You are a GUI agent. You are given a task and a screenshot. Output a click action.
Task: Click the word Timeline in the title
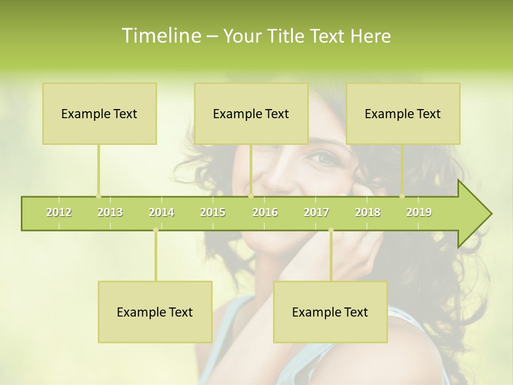[160, 36]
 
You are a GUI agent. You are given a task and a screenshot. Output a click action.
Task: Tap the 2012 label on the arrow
[59, 212]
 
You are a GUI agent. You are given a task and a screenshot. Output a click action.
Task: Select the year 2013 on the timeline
[110, 212]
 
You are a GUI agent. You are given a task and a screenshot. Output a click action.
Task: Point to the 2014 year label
[161, 212]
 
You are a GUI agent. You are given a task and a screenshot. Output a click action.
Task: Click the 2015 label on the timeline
[213, 212]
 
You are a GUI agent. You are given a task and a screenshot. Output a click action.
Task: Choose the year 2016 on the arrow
[265, 212]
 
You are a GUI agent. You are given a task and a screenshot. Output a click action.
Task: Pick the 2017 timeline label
[316, 212]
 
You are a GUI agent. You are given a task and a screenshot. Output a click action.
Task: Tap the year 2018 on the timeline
[368, 212]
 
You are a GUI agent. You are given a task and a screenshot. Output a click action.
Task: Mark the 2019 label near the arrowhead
[419, 212]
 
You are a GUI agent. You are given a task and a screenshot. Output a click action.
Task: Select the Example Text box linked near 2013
[99, 113]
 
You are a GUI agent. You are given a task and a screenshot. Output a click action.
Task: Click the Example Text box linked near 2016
[251, 113]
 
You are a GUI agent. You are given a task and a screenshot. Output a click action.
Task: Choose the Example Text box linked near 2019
[403, 113]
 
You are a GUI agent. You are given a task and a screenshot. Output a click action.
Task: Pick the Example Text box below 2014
[155, 312]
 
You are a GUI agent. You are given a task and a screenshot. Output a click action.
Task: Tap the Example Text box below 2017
[330, 312]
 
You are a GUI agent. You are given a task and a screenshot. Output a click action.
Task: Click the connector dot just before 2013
[98, 196]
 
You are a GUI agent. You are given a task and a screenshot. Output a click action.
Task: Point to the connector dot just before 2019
[402, 196]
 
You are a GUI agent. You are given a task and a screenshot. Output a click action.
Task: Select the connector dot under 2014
[156, 230]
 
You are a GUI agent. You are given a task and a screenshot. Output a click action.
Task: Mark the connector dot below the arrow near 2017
[331, 230]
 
